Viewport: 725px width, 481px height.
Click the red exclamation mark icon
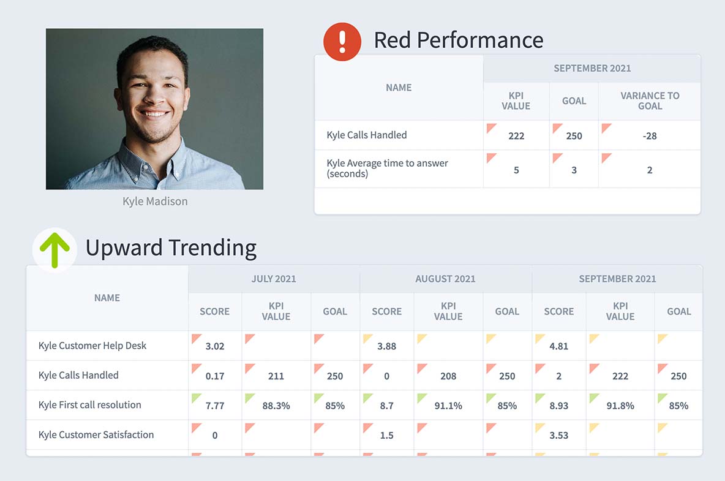[342, 42]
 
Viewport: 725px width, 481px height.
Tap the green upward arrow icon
[54, 249]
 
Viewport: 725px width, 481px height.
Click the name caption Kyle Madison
[155, 201]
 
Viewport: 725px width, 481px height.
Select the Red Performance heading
[458, 40]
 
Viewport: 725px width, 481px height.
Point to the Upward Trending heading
[171, 248]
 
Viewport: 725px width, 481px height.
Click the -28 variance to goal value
[650, 136]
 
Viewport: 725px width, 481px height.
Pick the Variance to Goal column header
[650, 100]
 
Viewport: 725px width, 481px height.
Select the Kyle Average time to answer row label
[387, 169]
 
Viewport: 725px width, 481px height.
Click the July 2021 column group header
[274, 279]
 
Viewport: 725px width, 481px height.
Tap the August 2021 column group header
[445, 279]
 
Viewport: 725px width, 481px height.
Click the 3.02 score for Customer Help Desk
[215, 346]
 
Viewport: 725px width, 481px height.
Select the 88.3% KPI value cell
[276, 406]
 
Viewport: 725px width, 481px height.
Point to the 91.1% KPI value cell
[448, 406]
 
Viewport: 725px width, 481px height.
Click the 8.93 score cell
[559, 406]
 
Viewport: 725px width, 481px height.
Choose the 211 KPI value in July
[276, 376]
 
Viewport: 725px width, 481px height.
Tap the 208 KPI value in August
[448, 376]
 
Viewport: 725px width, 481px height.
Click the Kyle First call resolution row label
[89, 405]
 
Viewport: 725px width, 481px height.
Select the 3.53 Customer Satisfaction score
[559, 436]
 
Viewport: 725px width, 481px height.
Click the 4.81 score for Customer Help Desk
[559, 346]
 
